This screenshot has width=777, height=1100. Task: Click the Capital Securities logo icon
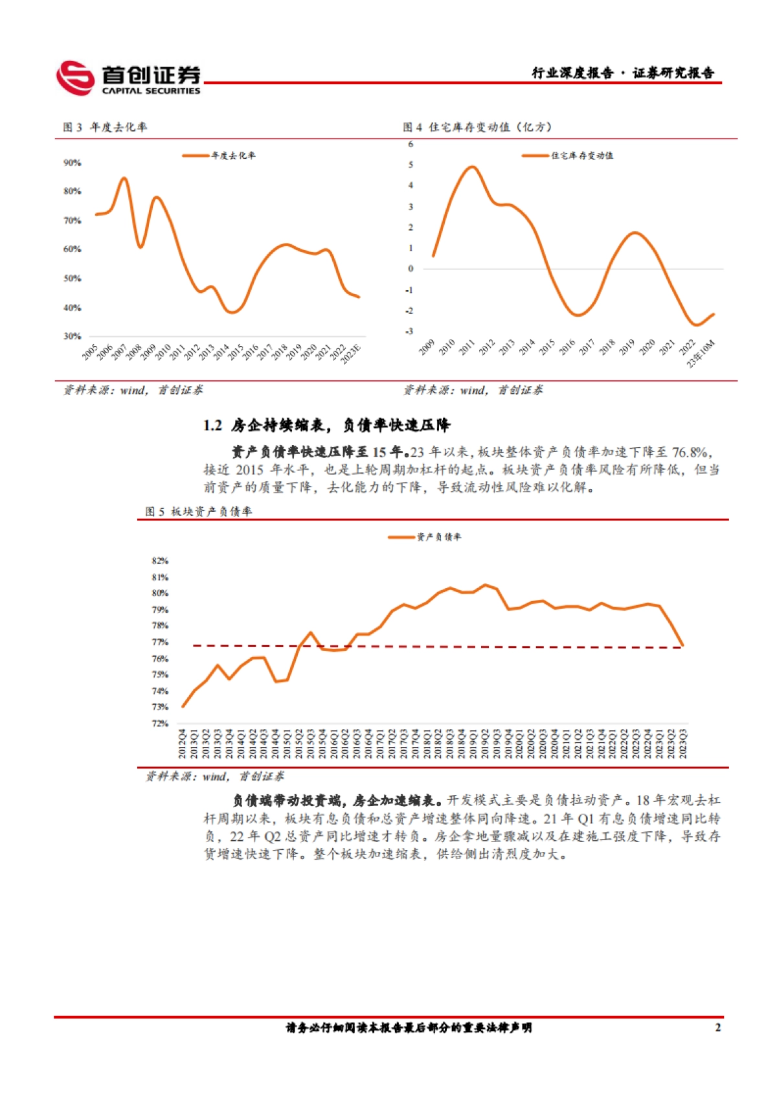(75, 78)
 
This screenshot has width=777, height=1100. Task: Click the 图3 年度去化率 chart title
(105, 127)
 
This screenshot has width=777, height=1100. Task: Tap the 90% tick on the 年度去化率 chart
(72, 163)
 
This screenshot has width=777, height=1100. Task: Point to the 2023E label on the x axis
(352, 354)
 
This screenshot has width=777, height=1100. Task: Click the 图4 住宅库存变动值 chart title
(477, 127)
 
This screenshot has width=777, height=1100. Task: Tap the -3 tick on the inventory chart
(409, 331)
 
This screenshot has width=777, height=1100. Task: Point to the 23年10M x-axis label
(702, 354)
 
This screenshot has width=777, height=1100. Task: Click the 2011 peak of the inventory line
(472, 167)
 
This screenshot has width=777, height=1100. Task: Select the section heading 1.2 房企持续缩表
(326, 425)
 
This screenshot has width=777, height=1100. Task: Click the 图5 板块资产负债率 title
(199, 511)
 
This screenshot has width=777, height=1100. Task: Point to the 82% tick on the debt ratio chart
(160, 560)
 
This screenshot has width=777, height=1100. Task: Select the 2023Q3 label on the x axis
(682, 744)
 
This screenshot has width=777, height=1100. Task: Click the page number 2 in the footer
(717, 1027)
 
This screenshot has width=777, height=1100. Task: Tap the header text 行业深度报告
(572, 73)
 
